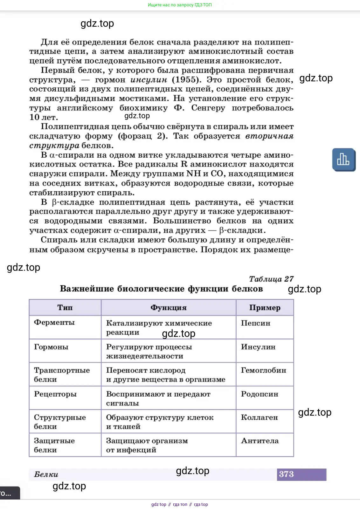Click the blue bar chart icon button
(x=343, y=159)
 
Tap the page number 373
(x=286, y=474)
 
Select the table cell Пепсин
(x=255, y=323)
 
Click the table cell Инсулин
(x=258, y=347)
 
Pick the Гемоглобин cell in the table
(x=263, y=371)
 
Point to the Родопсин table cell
(x=259, y=394)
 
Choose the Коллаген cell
(x=259, y=418)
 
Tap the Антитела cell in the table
(x=260, y=441)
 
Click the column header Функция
(x=168, y=308)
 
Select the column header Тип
(x=65, y=308)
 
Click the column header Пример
(x=265, y=308)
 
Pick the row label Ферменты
(x=54, y=323)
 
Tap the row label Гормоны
(x=51, y=347)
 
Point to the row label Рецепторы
(x=55, y=394)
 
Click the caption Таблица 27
(x=271, y=279)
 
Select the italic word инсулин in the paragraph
(x=149, y=80)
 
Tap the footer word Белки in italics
(x=46, y=474)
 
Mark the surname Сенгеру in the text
(x=208, y=108)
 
